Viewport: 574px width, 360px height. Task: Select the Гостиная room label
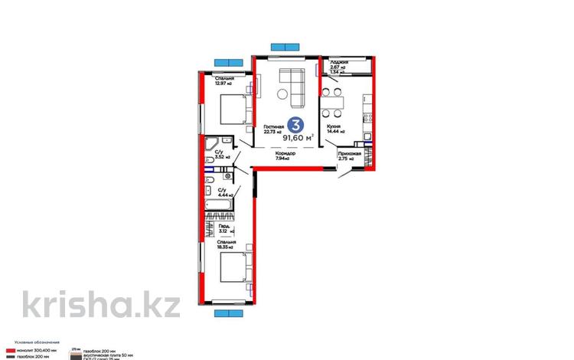tap(273, 129)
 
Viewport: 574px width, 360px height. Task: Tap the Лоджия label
tap(340, 64)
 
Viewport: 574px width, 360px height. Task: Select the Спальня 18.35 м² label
tap(225, 245)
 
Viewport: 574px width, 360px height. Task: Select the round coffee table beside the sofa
tap(282, 95)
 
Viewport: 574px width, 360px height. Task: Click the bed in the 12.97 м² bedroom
tap(233, 110)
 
